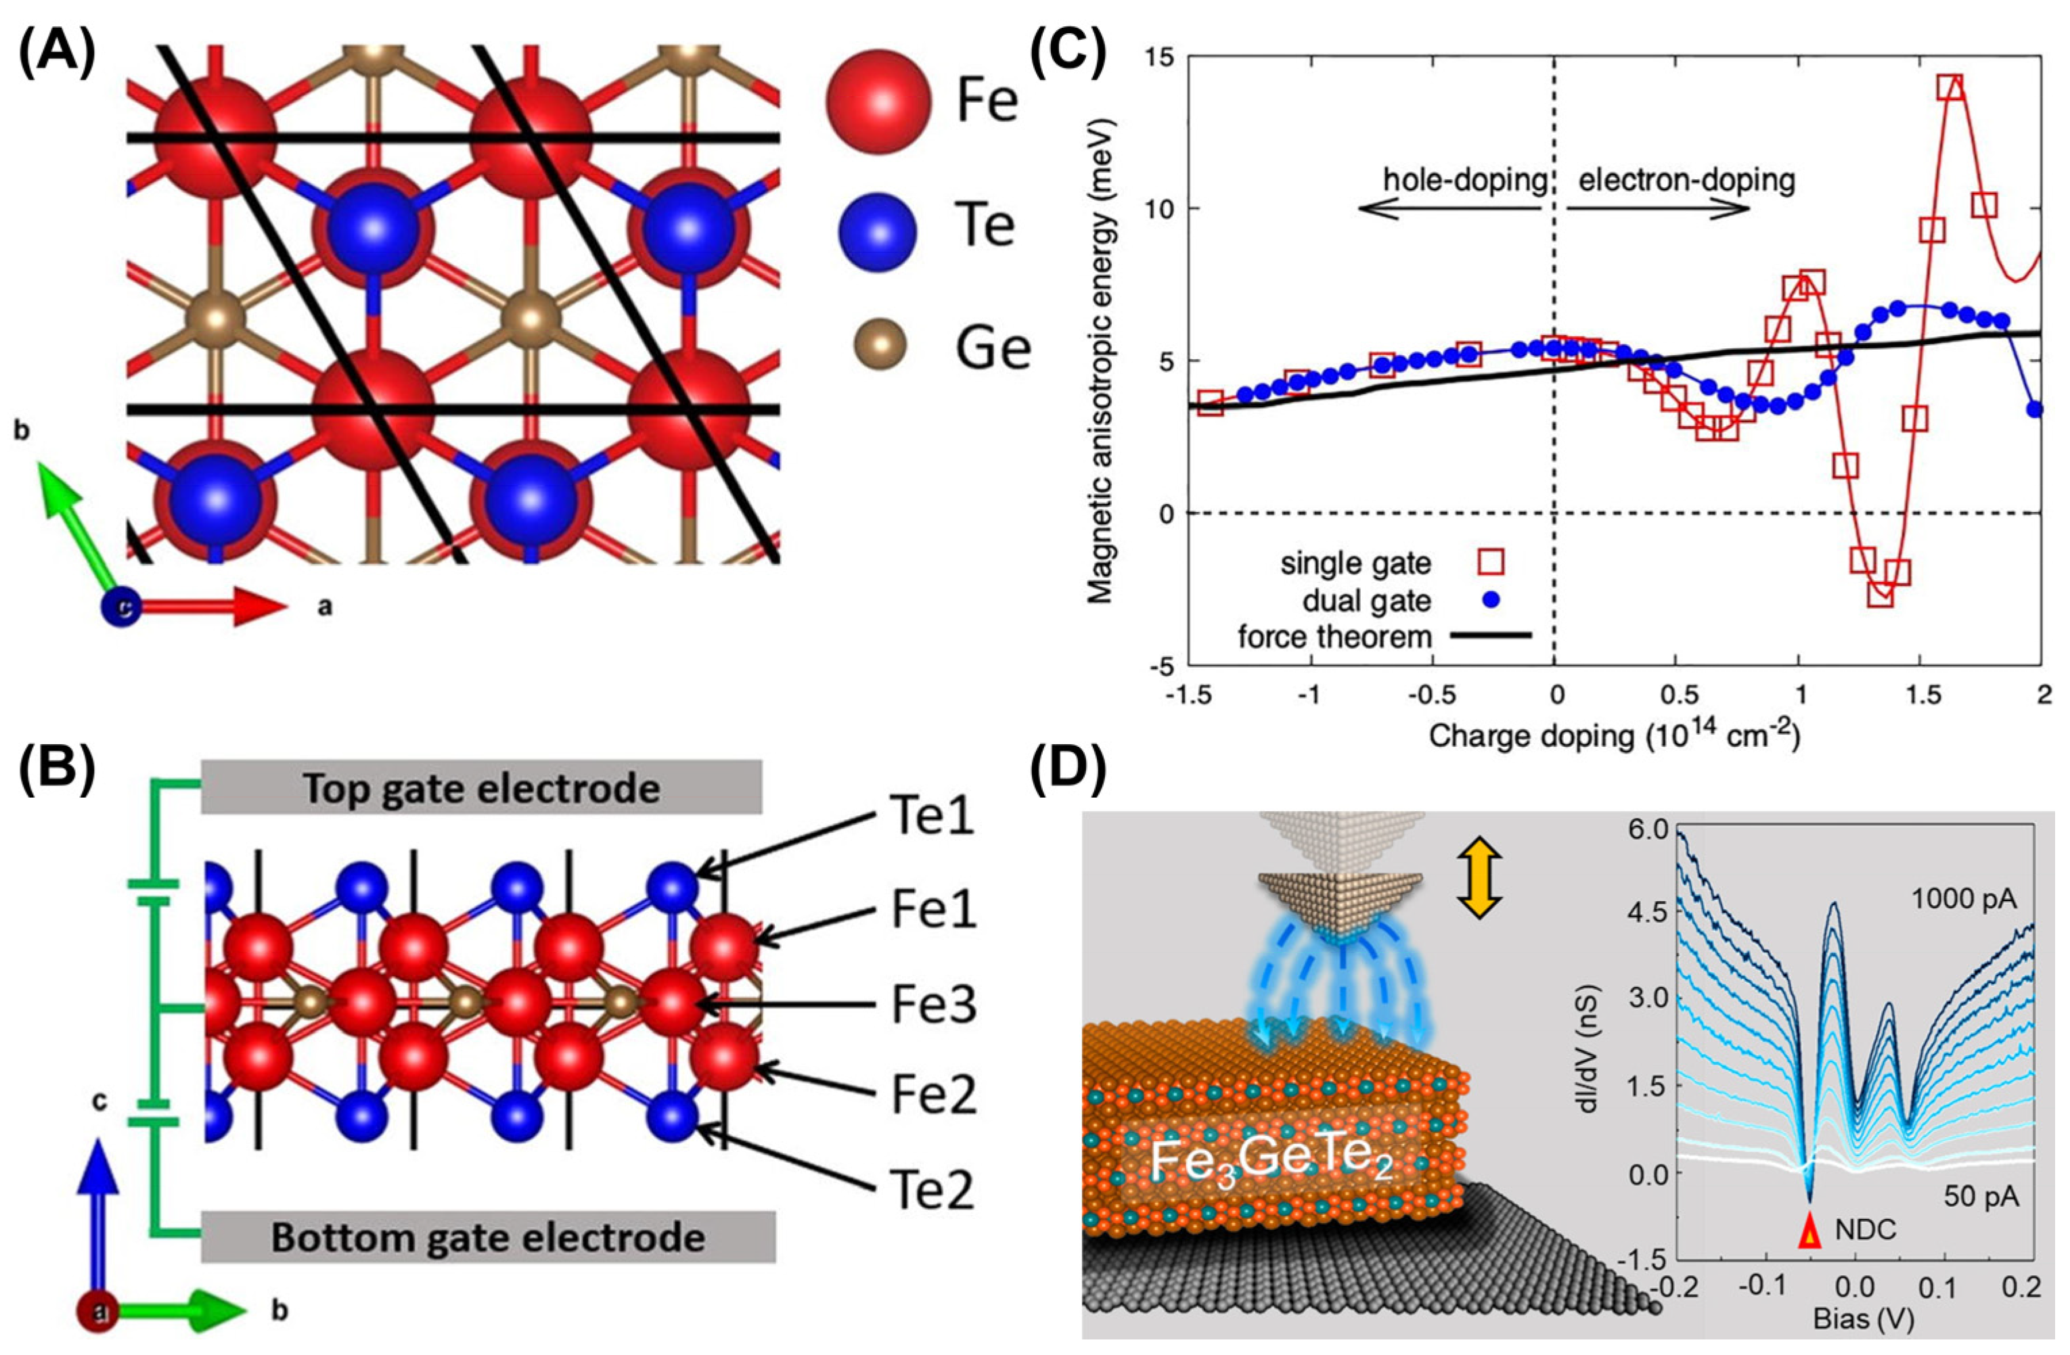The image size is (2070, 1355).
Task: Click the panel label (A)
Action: click(x=57, y=55)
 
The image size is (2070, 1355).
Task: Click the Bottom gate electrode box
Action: click(x=488, y=1237)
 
